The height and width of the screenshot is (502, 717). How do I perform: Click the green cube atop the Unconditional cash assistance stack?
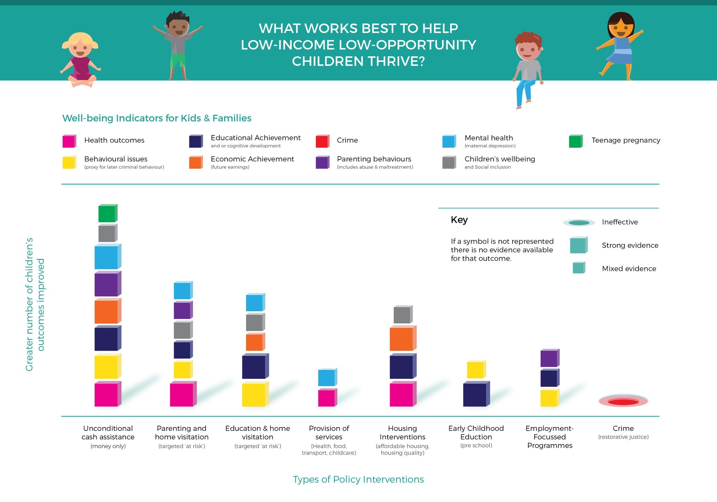point(107,214)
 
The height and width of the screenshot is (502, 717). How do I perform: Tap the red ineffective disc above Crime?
point(623,402)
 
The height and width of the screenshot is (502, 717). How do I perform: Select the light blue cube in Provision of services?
point(327,377)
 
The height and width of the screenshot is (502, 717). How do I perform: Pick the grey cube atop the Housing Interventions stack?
point(402,314)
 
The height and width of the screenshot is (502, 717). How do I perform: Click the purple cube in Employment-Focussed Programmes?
point(549,358)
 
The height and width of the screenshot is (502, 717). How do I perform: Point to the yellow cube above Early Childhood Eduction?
point(475,370)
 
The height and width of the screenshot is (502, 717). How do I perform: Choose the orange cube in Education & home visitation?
point(255,342)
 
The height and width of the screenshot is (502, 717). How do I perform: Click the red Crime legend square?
point(322,141)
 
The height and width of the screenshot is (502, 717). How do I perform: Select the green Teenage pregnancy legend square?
point(575,141)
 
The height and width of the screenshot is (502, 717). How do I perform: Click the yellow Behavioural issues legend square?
point(69,162)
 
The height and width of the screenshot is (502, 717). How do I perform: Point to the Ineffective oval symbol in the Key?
point(579,223)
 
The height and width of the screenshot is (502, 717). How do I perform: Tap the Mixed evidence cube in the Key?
point(578,268)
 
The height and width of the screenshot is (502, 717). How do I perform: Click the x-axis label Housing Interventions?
point(402,433)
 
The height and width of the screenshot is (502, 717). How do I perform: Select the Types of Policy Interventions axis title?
point(358,479)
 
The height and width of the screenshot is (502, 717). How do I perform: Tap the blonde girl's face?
point(80,49)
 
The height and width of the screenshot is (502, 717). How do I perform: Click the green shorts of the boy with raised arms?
point(178,60)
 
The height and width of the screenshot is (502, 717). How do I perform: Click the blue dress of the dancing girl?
point(621,51)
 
